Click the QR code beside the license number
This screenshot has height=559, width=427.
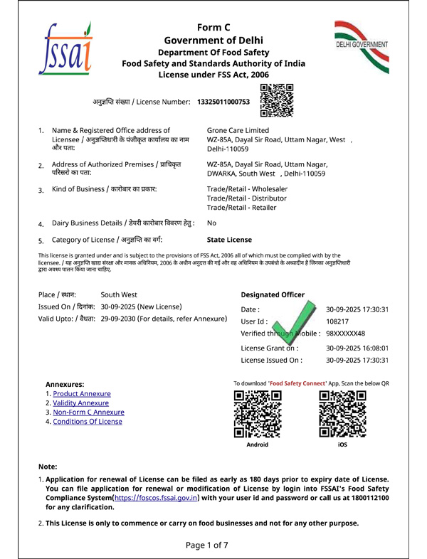276,100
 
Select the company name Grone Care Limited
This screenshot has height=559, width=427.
238,130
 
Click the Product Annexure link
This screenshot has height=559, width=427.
81,393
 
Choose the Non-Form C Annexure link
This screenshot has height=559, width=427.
88,412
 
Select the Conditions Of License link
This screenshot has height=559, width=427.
88,421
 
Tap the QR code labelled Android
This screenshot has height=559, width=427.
257,413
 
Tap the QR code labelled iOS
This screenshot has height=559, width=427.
343,413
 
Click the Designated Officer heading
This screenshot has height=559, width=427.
273,294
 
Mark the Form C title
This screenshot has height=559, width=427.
213,26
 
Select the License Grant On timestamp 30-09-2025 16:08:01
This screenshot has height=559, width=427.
357,348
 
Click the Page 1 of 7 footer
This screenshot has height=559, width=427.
207,545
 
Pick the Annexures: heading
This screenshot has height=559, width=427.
65,384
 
